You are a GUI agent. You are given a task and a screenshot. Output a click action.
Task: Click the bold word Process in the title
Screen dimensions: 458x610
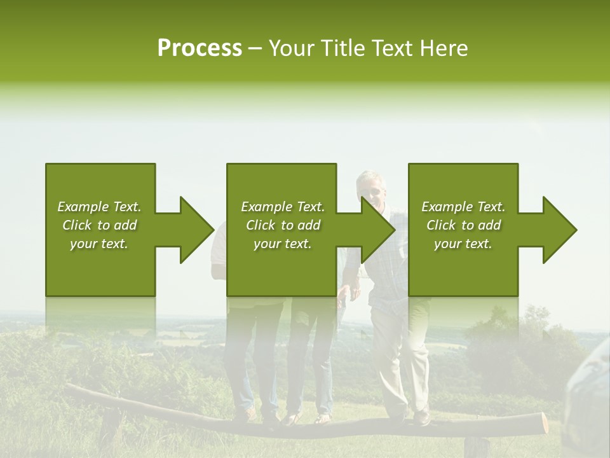coord(200,48)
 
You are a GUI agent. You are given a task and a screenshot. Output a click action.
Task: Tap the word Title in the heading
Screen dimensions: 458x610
coord(343,48)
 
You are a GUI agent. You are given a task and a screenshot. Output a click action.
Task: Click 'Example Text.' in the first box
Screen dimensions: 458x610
coord(99,207)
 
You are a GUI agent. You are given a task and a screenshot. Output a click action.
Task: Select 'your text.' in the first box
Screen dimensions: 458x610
coord(99,244)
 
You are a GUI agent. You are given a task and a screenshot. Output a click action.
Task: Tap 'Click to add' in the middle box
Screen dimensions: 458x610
coord(283,225)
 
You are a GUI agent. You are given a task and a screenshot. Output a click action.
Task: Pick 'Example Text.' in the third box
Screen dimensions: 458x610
coord(463,207)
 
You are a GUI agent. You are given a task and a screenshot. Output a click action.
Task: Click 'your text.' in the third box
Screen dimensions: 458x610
coord(463,244)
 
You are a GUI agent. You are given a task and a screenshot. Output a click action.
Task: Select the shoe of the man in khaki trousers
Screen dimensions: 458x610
coord(421,418)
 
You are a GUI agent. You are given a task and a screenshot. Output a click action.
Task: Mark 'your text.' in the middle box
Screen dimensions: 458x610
coord(283,244)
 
